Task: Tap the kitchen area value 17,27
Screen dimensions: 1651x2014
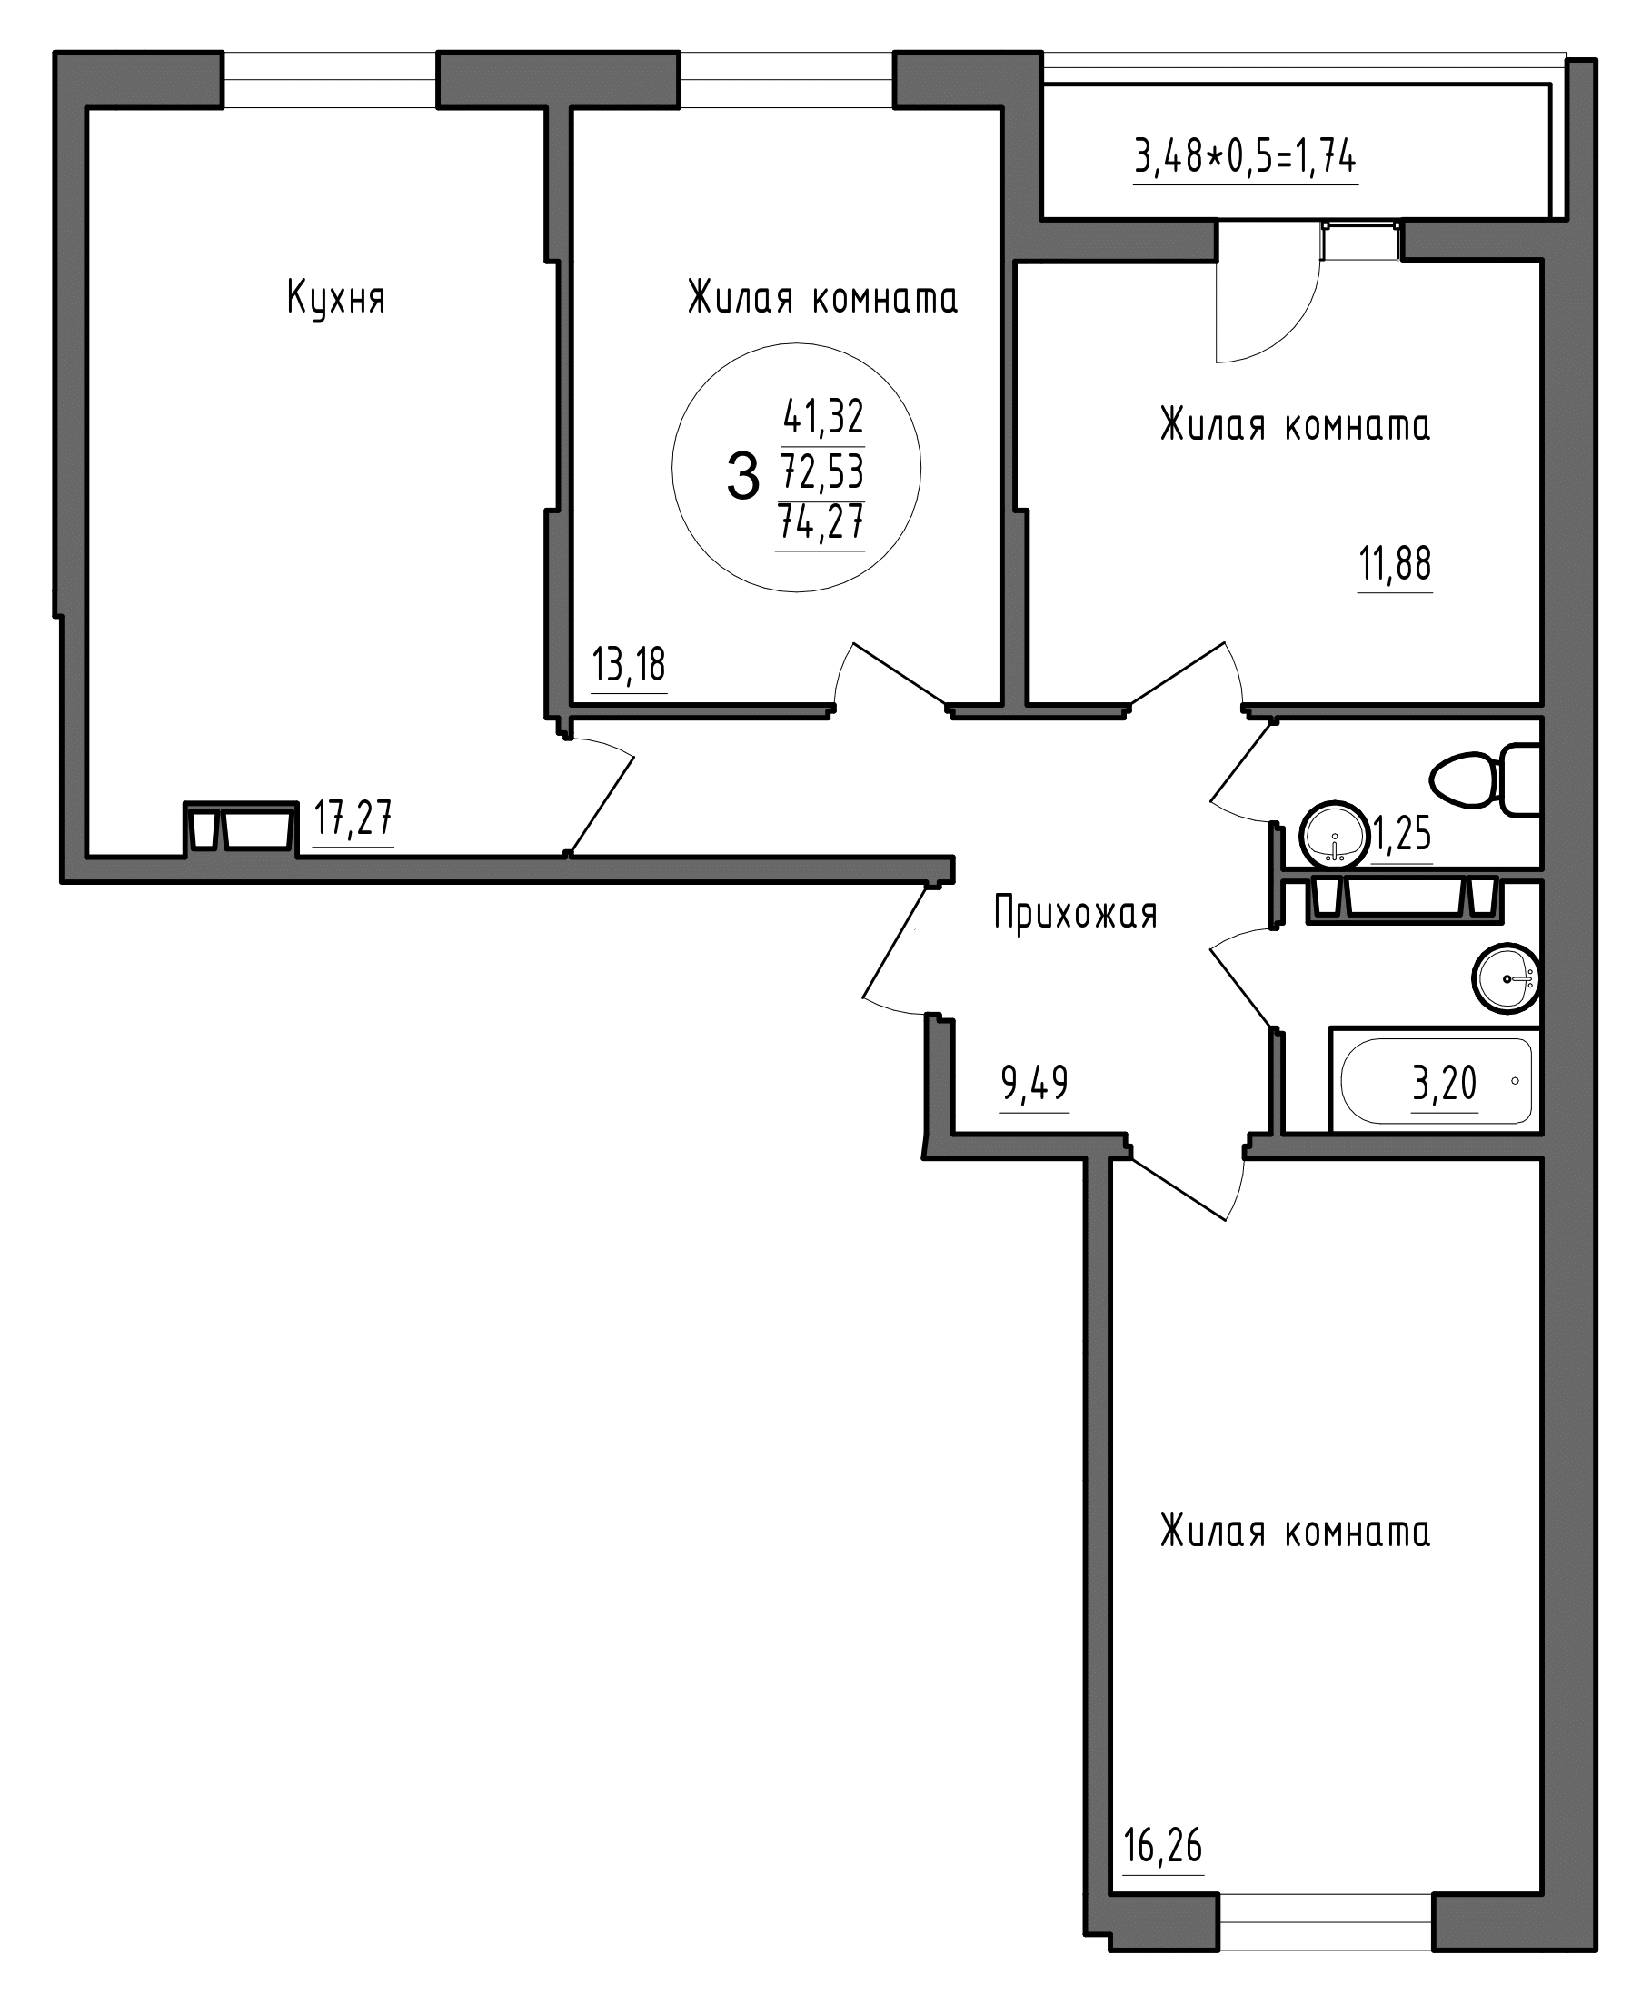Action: click(x=353, y=818)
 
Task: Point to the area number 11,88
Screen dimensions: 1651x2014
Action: click(x=1394, y=564)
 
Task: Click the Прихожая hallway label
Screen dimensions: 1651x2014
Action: click(x=1076, y=914)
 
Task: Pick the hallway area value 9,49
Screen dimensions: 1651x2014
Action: click(x=1034, y=1082)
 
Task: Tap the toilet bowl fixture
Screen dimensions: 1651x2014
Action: click(x=1484, y=779)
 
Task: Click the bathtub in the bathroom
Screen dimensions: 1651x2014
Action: click(x=1435, y=1080)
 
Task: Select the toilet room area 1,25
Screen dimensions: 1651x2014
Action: click(x=1401, y=835)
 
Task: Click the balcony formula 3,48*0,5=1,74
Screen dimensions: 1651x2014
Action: click(x=1245, y=156)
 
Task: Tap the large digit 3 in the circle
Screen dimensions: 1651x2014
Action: click(x=742, y=476)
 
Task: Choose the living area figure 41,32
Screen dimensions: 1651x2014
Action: click(x=822, y=415)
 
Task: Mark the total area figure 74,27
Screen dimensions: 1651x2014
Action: click(x=821, y=521)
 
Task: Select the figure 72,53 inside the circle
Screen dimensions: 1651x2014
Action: click(x=821, y=469)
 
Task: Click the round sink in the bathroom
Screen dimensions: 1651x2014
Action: click(x=1507, y=977)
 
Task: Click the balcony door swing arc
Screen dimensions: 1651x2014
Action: click(x=1283, y=332)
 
